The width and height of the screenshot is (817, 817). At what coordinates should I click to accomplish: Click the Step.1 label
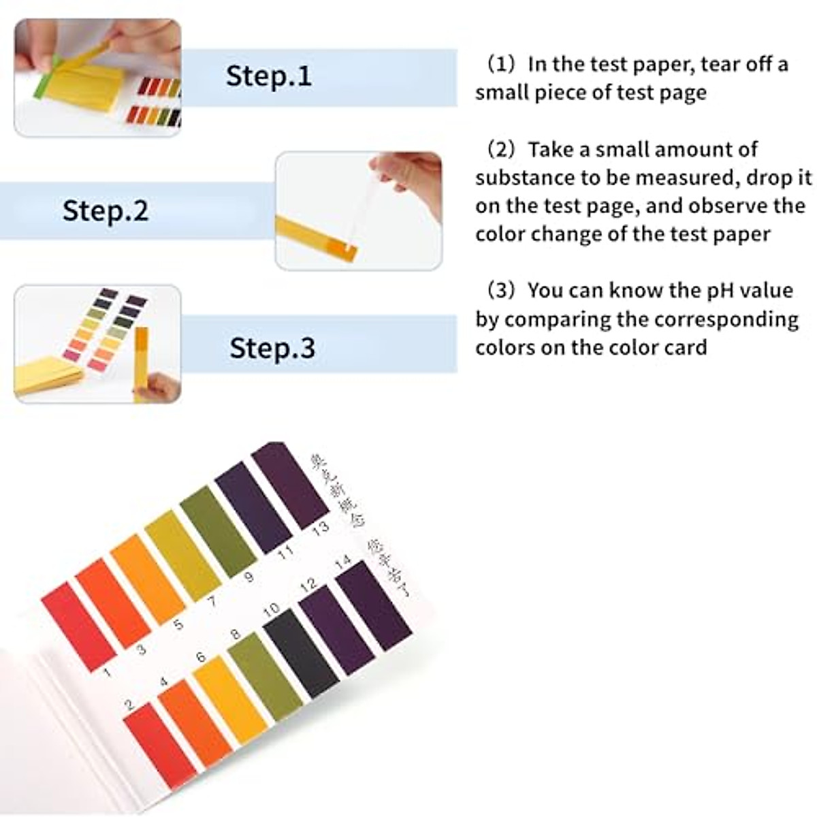click(x=268, y=76)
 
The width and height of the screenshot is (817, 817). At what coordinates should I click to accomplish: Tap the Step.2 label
click(x=105, y=210)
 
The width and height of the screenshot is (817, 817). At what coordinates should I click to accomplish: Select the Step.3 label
click(x=272, y=348)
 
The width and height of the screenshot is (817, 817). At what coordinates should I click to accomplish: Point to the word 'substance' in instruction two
click(x=525, y=178)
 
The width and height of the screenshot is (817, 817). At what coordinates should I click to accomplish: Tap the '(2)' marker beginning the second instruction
click(x=502, y=149)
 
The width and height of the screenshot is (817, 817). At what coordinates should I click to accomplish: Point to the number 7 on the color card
click(x=212, y=600)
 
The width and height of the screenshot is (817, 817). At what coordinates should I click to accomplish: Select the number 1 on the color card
click(x=107, y=673)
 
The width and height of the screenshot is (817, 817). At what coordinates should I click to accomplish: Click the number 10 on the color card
click(x=271, y=610)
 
